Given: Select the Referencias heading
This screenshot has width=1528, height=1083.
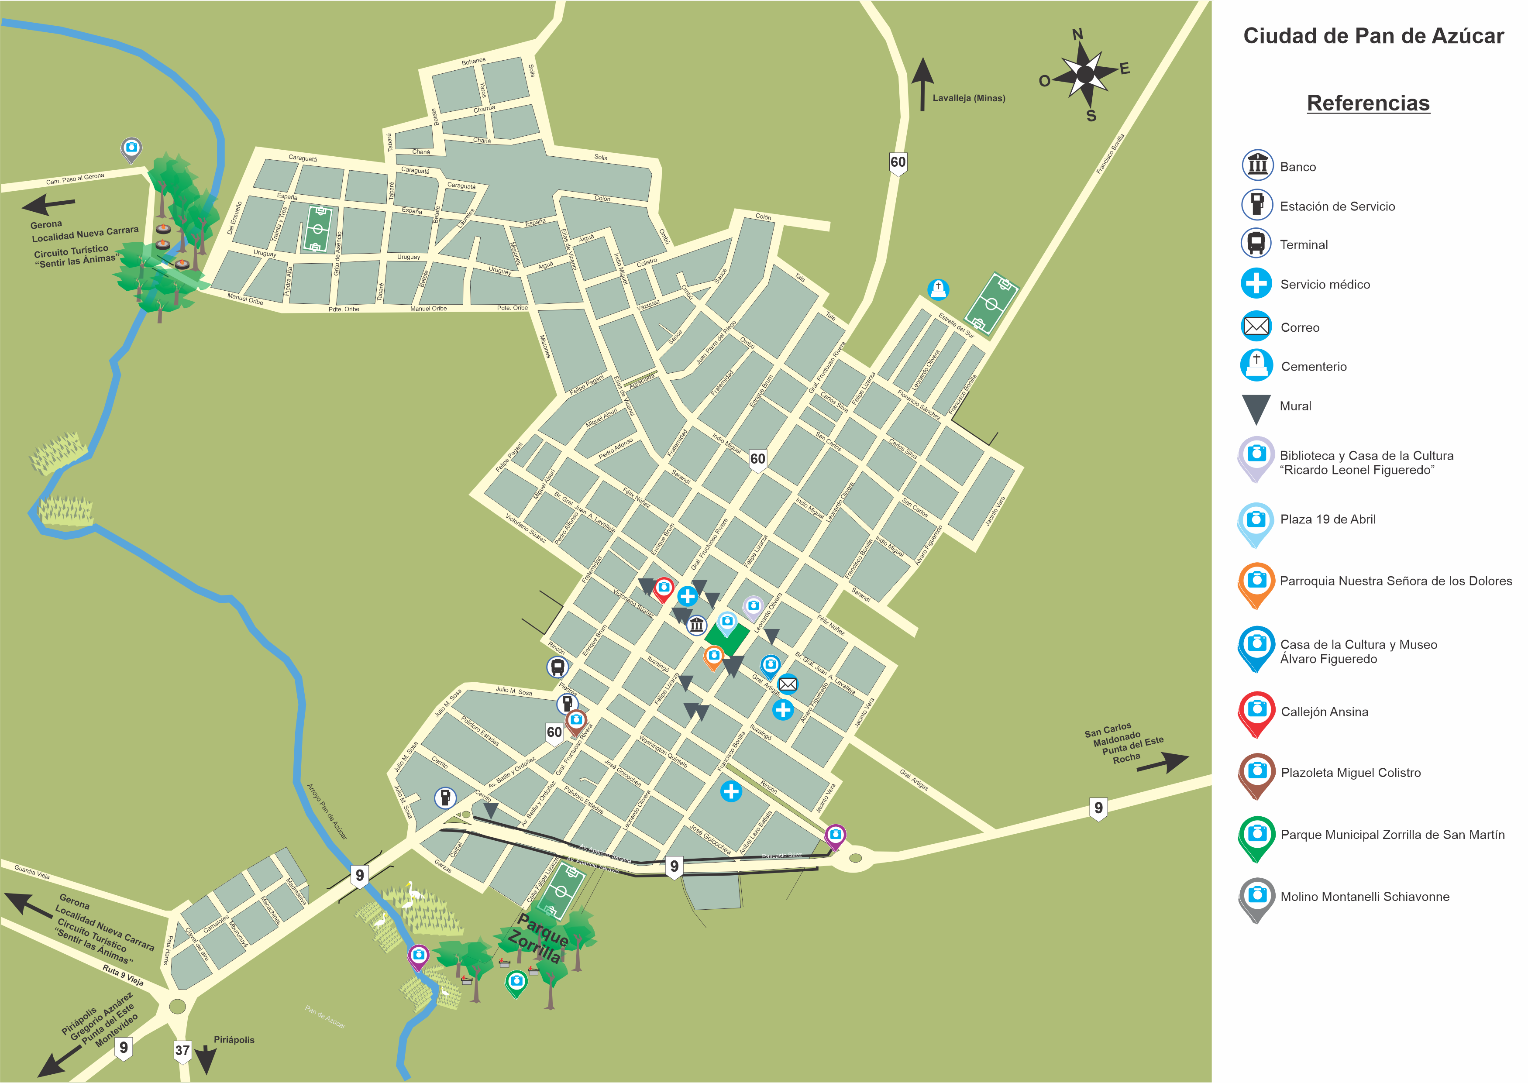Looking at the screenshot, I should point(1368,103).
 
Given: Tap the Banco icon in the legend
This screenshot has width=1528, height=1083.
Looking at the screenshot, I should point(1257,165).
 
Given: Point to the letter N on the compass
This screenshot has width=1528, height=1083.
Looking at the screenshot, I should point(1077,34).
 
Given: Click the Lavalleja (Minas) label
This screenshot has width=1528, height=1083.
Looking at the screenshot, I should point(968,98).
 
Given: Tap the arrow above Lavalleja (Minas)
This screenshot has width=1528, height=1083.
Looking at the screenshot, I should point(922,83).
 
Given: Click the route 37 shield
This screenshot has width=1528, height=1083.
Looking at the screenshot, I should point(182,1050).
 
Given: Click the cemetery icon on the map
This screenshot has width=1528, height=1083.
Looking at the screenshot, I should point(938,289).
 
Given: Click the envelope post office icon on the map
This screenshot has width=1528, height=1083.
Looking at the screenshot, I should point(788,684).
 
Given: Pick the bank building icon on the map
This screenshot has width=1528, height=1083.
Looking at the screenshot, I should point(696,625).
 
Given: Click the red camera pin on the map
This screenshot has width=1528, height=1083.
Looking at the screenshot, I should point(663,588).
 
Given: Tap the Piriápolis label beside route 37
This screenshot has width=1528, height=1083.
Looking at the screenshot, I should point(234,1040).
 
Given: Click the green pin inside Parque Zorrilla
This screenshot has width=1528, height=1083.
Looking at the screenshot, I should point(516,982).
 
